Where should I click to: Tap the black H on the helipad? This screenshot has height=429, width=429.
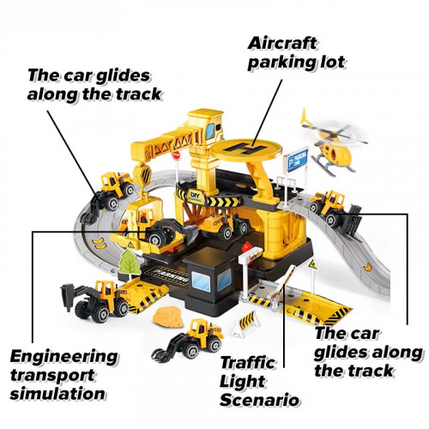click(245, 148)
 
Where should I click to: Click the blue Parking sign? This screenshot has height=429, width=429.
click(298, 160)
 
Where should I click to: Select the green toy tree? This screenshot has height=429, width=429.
click(130, 263)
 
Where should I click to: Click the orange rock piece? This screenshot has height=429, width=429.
click(168, 317)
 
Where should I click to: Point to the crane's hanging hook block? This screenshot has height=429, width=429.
click(142, 174)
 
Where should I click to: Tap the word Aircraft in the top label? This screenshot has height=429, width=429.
click(282, 44)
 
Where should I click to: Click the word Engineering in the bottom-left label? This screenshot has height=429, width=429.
click(63, 358)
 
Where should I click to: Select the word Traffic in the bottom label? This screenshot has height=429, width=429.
click(247, 363)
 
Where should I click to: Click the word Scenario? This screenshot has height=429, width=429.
click(259, 400)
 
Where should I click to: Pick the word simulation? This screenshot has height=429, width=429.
click(57, 394)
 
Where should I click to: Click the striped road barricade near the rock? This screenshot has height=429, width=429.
click(246, 323)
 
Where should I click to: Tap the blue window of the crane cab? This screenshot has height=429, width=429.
click(210, 131)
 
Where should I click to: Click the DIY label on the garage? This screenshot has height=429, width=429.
click(196, 196)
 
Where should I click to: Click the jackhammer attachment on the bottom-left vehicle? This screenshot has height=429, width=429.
click(68, 298)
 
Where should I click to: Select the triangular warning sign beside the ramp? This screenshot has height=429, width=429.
click(313, 264)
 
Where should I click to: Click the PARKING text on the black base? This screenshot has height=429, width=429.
click(171, 274)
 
